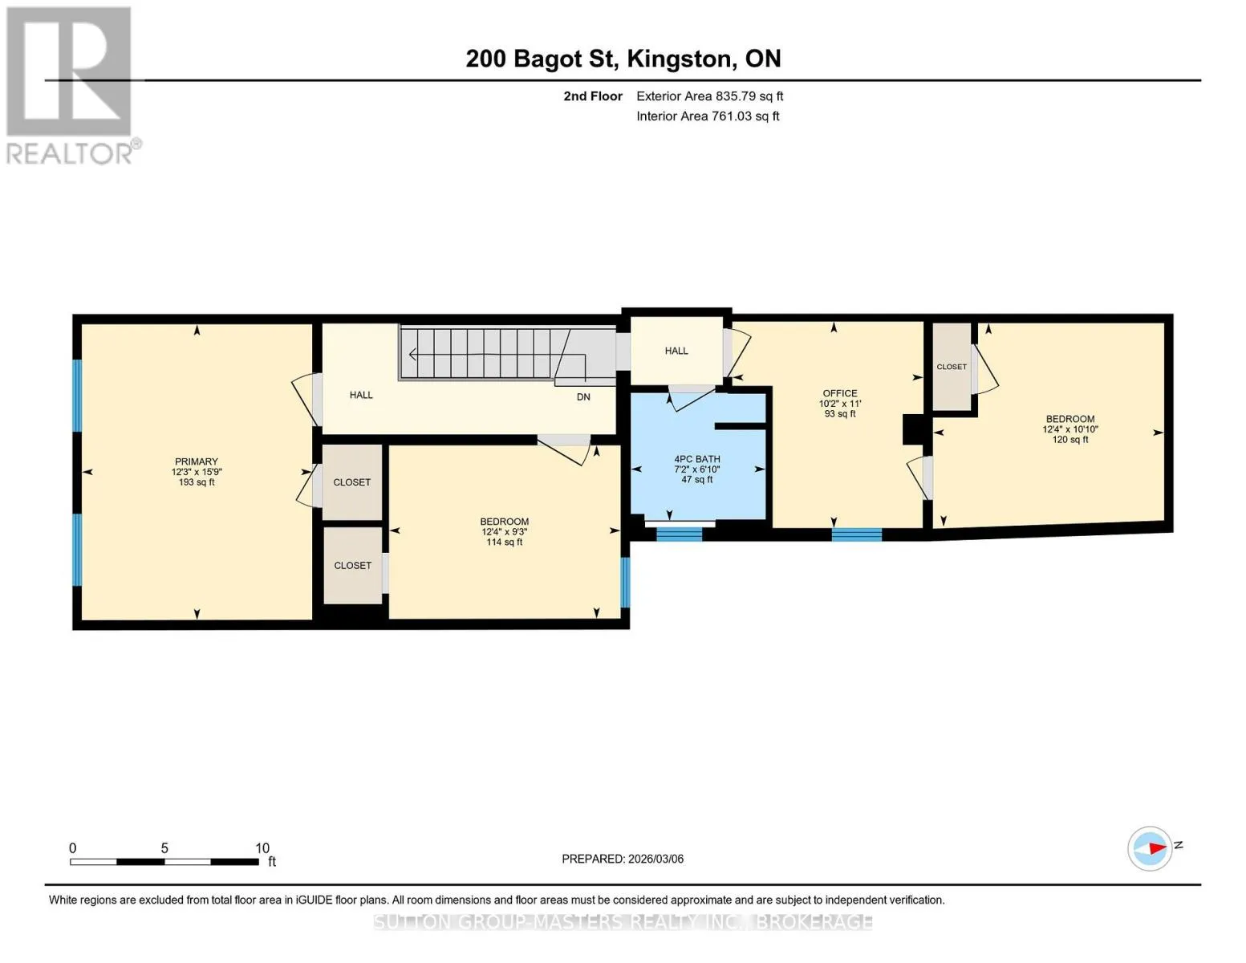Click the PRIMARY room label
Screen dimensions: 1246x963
[x=196, y=461]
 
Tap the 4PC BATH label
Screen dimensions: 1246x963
[x=696, y=459]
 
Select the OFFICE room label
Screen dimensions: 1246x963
[x=840, y=393]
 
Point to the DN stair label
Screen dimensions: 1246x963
[x=583, y=397]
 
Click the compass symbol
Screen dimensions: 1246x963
[x=1150, y=848]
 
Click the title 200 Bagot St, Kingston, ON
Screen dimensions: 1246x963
[x=623, y=59]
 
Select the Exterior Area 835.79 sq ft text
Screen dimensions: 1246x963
[x=709, y=96]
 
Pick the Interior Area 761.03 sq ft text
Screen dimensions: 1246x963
[x=708, y=116]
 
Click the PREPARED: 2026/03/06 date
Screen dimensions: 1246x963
[x=623, y=859]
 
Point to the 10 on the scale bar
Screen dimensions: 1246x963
[x=262, y=847]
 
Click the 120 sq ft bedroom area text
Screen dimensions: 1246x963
[x=1070, y=440]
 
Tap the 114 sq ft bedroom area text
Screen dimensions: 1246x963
[x=504, y=542]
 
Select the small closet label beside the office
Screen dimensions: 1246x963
[x=952, y=367]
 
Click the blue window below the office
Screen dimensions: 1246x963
[x=856, y=534]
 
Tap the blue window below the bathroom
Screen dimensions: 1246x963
[x=679, y=534]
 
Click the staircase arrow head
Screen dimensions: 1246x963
[x=412, y=355]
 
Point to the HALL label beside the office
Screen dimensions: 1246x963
[x=676, y=351]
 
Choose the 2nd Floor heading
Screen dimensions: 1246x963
[x=593, y=96]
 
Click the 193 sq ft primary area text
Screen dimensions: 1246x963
[x=196, y=482]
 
